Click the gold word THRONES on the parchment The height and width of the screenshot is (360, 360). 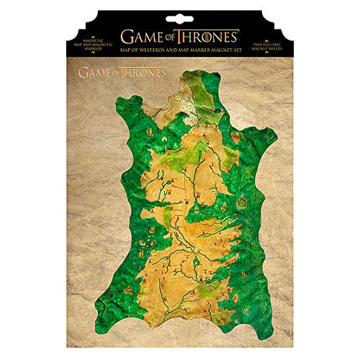point(143,73)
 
